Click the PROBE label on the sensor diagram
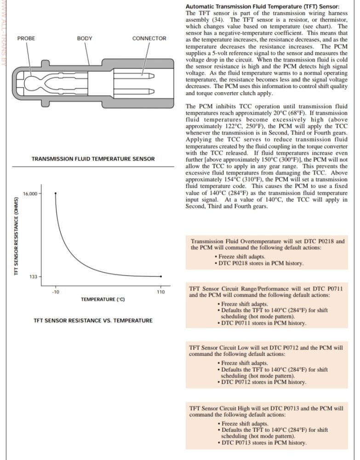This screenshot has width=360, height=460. [26, 39]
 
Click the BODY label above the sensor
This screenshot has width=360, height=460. [85, 39]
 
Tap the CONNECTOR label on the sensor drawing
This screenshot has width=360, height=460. [149, 39]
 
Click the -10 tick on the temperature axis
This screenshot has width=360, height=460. [55, 292]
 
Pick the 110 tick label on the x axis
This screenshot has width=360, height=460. [161, 292]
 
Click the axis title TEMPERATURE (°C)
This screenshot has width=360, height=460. [103, 299]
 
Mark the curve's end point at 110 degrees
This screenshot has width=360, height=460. [161, 276]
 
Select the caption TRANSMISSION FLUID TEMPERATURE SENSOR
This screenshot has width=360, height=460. [93, 159]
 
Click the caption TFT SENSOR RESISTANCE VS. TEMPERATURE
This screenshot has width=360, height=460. [93, 320]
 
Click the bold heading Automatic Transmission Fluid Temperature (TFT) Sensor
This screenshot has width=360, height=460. [262, 7]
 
